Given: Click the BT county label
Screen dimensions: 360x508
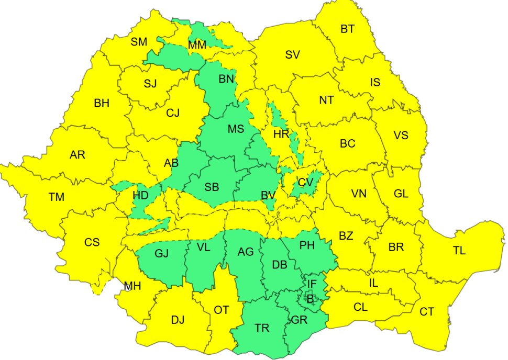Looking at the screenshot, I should click(347, 29).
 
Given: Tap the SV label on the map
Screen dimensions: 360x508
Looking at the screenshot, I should click(292, 54).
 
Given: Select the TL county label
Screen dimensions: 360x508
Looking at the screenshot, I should click(459, 251).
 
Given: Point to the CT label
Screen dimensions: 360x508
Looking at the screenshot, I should click(427, 312).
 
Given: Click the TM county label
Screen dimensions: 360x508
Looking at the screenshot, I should click(57, 197).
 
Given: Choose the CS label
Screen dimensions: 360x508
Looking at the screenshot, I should click(92, 243).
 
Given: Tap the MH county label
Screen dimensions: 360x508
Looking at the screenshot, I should click(132, 286).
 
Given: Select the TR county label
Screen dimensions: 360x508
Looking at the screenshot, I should click(262, 328).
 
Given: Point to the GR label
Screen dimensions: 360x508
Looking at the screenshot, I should click(299, 320).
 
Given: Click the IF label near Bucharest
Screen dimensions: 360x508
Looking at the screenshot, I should click(312, 284).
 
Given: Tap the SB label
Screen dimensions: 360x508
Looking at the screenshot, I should click(212, 188).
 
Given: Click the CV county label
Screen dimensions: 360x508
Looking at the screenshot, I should click(305, 183).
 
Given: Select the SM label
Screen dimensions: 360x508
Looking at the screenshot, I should click(139, 42).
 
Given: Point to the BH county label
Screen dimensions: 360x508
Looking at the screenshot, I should click(102, 103).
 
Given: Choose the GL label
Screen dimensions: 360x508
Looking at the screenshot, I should click(401, 194).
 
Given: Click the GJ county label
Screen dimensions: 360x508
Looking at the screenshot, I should click(162, 254).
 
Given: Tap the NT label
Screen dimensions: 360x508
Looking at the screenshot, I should click(326, 100).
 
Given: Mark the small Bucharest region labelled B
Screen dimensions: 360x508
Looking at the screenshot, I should click(310, 299).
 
